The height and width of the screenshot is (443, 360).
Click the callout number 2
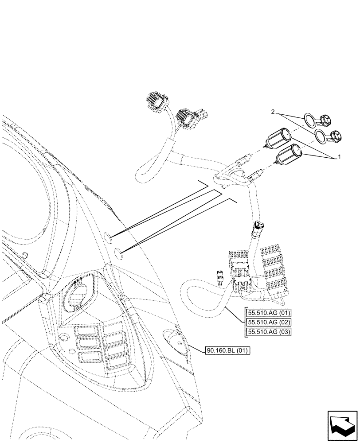pyautogui.click(x=273, y=112)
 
